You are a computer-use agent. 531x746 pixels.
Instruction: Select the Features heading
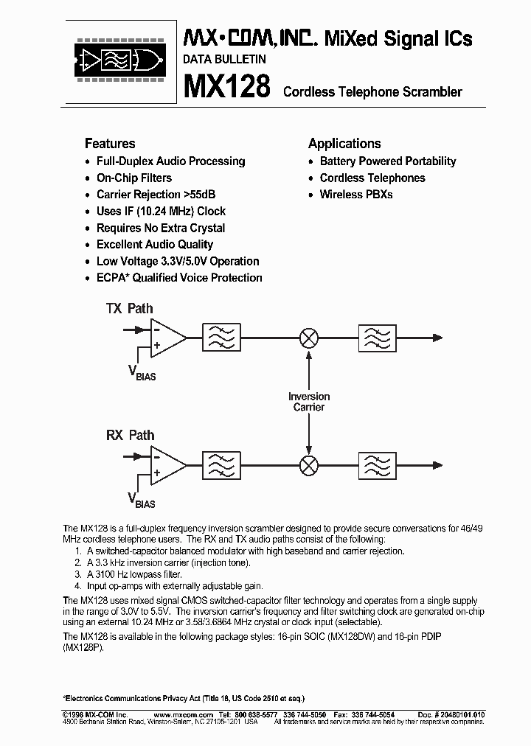(110, 144)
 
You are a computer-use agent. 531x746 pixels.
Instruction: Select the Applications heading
(344, 144)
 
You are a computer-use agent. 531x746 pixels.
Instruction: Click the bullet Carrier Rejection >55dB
(156, 195)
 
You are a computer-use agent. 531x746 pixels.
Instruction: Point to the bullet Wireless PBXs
(356, 195)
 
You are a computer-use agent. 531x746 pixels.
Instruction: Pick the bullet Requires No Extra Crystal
(161, 228)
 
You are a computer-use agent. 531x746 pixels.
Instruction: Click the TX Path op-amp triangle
(166, 338)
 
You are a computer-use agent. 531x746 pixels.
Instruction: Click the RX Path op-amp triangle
(166, 465)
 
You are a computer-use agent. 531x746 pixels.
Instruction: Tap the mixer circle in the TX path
(308, 338)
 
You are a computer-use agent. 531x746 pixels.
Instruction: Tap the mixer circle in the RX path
(308, 465)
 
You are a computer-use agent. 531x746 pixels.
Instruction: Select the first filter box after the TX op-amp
(221, 338)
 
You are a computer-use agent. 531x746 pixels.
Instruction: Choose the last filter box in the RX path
(378, 465)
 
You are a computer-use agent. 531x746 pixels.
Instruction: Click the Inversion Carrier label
(308, 402)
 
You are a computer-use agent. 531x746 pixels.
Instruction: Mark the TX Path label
(130, 309)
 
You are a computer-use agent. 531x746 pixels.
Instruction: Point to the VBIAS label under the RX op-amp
(142, 501)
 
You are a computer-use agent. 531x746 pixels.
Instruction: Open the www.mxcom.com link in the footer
(185, 714)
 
